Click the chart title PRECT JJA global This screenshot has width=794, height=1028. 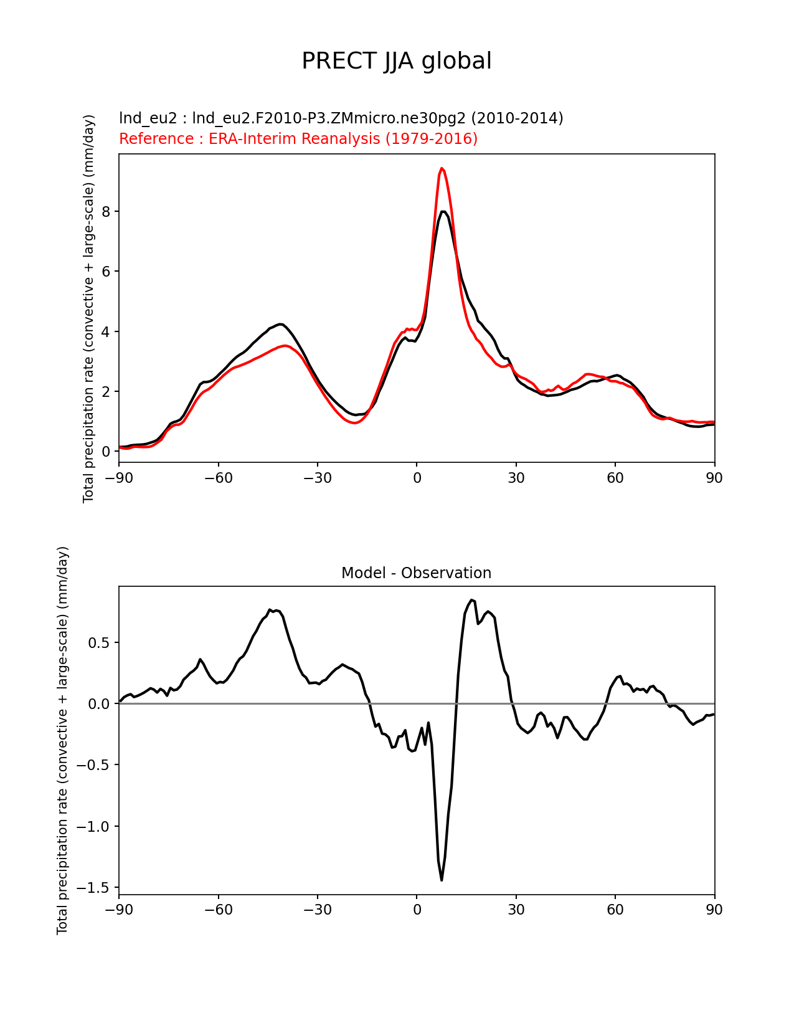click(x=397, y=61)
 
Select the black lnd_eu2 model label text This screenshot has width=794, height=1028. click(x=341, y=118)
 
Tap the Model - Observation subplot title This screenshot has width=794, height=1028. click(x=416, y=573)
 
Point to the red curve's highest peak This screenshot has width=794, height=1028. click(x=442, y=168)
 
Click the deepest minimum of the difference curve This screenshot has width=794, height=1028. click(x=442, y=880)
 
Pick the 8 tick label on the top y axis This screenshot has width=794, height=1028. click(x=106, y=211)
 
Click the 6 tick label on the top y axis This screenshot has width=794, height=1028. click(x=106, y=272)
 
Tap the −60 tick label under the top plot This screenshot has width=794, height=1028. click(x=218, y=478)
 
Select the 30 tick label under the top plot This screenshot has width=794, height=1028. click(x=516, y=478)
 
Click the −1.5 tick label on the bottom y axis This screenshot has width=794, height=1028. click(x=93, y=887)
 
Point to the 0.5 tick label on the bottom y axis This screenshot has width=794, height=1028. click(x=99, y=642)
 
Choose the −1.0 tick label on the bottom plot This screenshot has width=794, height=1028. click(x=93, y=827)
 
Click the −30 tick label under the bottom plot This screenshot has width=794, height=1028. click(x=318, y=910)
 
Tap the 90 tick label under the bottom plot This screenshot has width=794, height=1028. click(x=714, y=910)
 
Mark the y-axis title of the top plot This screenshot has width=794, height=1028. click(x=88, y=308)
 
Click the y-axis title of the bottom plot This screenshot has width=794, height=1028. click(x=62, y=740)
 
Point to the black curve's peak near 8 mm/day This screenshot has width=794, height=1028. click(x=443, y=211)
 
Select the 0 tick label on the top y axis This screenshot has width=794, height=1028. click(x=106, y=452)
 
